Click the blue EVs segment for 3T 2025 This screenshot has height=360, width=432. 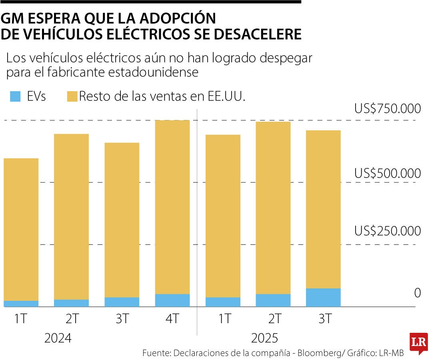[323, 297]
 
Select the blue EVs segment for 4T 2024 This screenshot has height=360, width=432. [172, 300]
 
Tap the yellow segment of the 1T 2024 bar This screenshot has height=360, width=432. [21, 229]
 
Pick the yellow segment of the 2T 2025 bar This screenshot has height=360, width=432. [273, 208]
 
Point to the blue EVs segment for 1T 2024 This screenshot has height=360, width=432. [21, 304]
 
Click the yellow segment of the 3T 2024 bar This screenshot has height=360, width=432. [122, 220]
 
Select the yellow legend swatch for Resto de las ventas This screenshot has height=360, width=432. [72, 96]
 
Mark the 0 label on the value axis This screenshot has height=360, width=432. [417, 293]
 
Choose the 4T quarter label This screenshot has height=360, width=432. [172, 319]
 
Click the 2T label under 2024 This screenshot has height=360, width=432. [71, 319]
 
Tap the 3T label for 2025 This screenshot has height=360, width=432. [323, 319]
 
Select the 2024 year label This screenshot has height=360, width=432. [58, 338]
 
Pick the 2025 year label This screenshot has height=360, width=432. [264, 338]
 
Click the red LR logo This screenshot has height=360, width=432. [418, 343]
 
